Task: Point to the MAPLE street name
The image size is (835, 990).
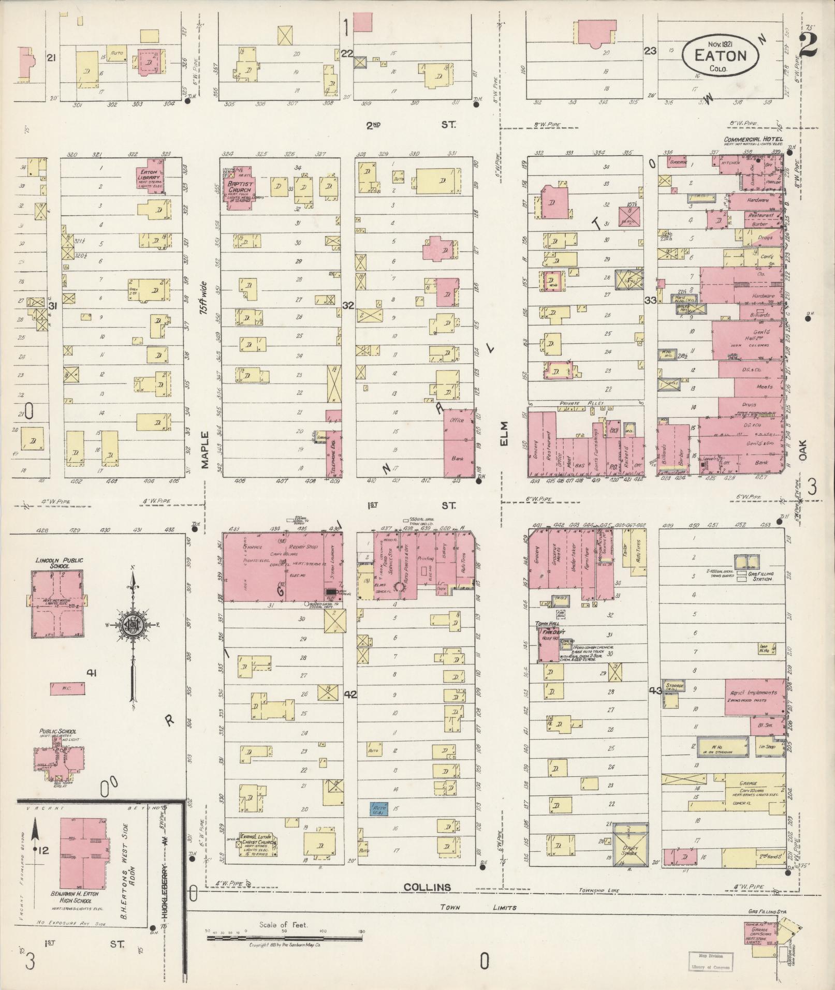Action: pyautogui.click(x=205, y=450)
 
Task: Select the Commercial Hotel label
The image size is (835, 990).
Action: pyautogui.click(x=753, y=140)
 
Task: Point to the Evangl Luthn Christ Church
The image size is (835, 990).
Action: pyautogui.click(x=256, y=843)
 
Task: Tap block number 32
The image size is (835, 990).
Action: pyautogui.click(x=348, y=305)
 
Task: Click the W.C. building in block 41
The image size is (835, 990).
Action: pyautogui.click(x=67, y=688)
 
